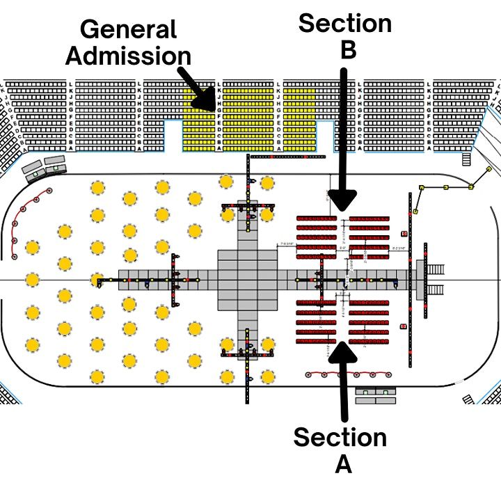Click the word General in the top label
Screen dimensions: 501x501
[128, 30]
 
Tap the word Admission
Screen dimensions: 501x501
[128, 56]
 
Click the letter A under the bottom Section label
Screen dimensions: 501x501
[343, 464]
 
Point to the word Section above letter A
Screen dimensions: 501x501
[340, 438]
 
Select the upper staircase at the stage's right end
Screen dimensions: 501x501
[436, 269]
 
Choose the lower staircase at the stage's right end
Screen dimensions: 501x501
[436, 290]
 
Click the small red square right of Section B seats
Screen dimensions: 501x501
[405, 233]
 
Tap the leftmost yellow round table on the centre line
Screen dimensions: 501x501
[31, 280]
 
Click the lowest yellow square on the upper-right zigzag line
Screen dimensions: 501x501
[415, 210]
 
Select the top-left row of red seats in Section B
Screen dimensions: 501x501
[317, 218]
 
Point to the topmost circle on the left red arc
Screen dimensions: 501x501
[49, 190]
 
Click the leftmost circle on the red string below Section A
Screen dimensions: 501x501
[306, 374]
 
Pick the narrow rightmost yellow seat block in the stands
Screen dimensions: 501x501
[299, 119]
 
